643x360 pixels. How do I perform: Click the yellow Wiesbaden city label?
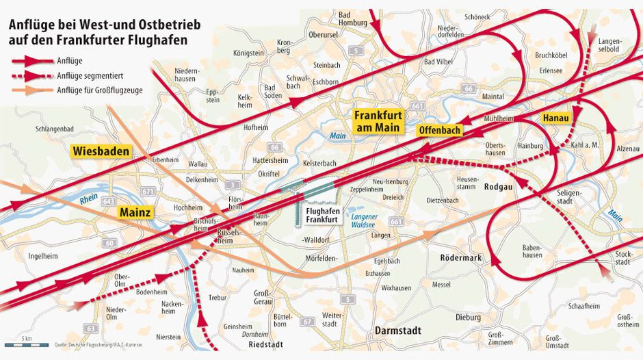pyautogui.click(x=101, y=151)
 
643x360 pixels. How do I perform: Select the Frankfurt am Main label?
pyautogui.click(x=379, y=121)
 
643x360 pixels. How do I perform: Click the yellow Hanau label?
pyautogui.click(x=555, y=118)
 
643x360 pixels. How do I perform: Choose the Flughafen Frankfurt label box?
pyautogui.click(x=320, y=216)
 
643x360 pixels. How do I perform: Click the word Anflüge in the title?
pyautogui.click(x=30, y=25)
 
